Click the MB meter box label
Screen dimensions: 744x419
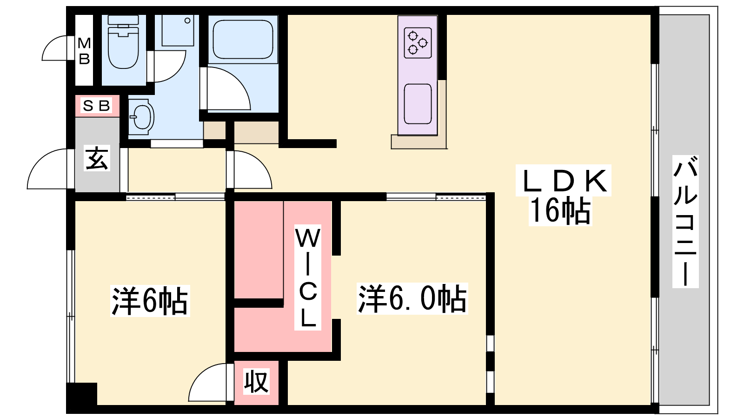pyautogui.click(x=84, y=51)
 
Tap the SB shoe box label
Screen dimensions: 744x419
pyautogui.click(x=96, y=106)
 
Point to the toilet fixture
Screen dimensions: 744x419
pyautogui.click(x=123, y=41)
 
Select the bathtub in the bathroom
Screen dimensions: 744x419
pyautogui.click(x=243, y=39)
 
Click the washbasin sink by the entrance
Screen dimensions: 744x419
pyautogui.click(x=141, y=117)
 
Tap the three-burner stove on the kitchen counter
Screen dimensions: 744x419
pyautogui.click(x=418, y=43)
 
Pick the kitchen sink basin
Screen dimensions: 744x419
pyautogui.click(x=418, y=104)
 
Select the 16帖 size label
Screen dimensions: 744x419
pyautogui.click(x=560, y=211)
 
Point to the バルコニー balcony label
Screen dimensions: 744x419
pyautogui.click(x=685, y=222)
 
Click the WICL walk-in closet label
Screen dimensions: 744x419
pyautogui.click(x=307, y=277)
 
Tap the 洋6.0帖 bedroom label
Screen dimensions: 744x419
pyautogui.click(x=412, y=298)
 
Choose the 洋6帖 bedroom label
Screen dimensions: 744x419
pyautogui.click(x=150, y=301)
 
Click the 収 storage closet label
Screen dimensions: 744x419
pyautogui.click(x=256, y=382)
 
